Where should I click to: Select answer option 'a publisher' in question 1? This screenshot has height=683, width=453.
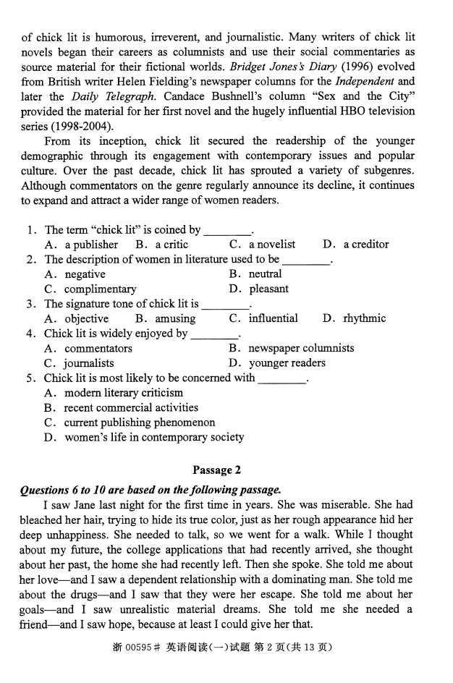click(x=90, y=245)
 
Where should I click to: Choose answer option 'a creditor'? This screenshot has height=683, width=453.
click(x=365, y=245)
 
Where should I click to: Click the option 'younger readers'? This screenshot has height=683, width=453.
click(x=287, y=363)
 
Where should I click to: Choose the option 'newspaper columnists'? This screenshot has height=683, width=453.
click(x=301, y=348)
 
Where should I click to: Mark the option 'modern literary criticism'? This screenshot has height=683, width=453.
click(x=124, y=393)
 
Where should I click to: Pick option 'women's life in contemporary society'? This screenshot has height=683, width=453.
click(x=154, y=437)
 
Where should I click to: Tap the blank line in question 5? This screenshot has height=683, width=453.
click(x=282, y=378)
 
